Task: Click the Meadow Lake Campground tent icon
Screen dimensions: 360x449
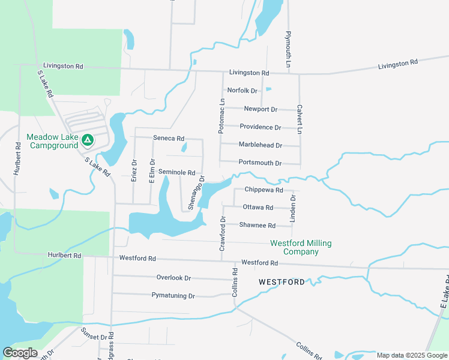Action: click(88, 140)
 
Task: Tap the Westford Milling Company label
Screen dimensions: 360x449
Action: click(301, 247)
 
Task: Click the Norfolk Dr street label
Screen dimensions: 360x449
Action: click(242, 91)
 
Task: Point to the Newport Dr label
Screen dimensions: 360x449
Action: click(261, 109)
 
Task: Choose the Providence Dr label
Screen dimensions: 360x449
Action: click(260, 127)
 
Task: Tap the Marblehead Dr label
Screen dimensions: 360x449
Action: click(260, 145)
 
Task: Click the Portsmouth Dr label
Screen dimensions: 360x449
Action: click(260, 163)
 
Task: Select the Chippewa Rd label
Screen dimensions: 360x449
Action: click(263, 190)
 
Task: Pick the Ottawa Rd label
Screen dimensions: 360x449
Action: click(258, 208)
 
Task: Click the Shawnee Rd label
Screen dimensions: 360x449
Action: click(257, 226)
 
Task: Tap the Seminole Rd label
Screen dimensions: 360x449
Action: click(177, 172)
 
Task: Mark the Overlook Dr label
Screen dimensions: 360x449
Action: click(173, 278)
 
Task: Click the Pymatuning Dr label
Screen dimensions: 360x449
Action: click(173, 296)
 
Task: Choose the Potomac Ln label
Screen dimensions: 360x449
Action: click(221, 116)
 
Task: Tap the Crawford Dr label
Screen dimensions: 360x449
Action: click(222, 234)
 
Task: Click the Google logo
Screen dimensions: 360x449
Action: click(20, 353)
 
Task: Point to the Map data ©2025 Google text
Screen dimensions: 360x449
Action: click(411, 355)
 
